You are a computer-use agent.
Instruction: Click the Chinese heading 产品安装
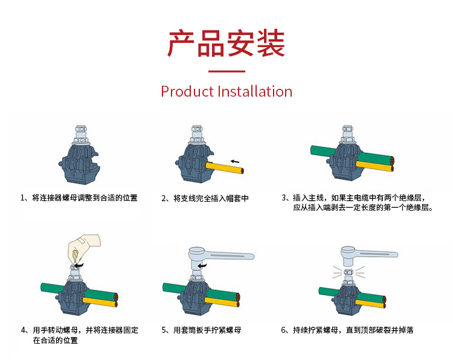[x=226, y=43]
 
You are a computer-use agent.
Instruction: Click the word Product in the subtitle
[x=187, y=92]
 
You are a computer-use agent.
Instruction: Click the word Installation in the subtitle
[x=254, y=92]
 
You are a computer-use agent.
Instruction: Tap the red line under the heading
[x=226, y=71]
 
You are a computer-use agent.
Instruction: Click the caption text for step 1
[x=79, y=198]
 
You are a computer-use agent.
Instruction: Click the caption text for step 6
[x=347, y=330]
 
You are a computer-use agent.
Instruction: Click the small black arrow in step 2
[x=235, y=161]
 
